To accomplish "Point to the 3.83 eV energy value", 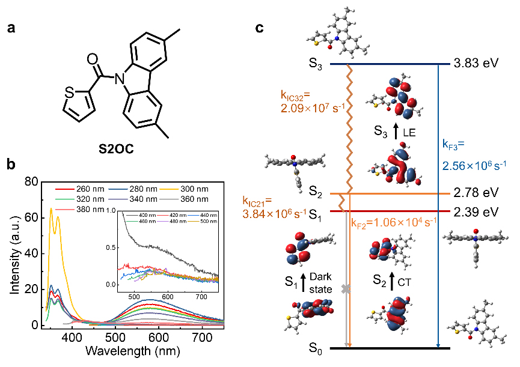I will (477, 64).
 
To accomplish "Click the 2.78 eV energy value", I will (477, 193).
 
